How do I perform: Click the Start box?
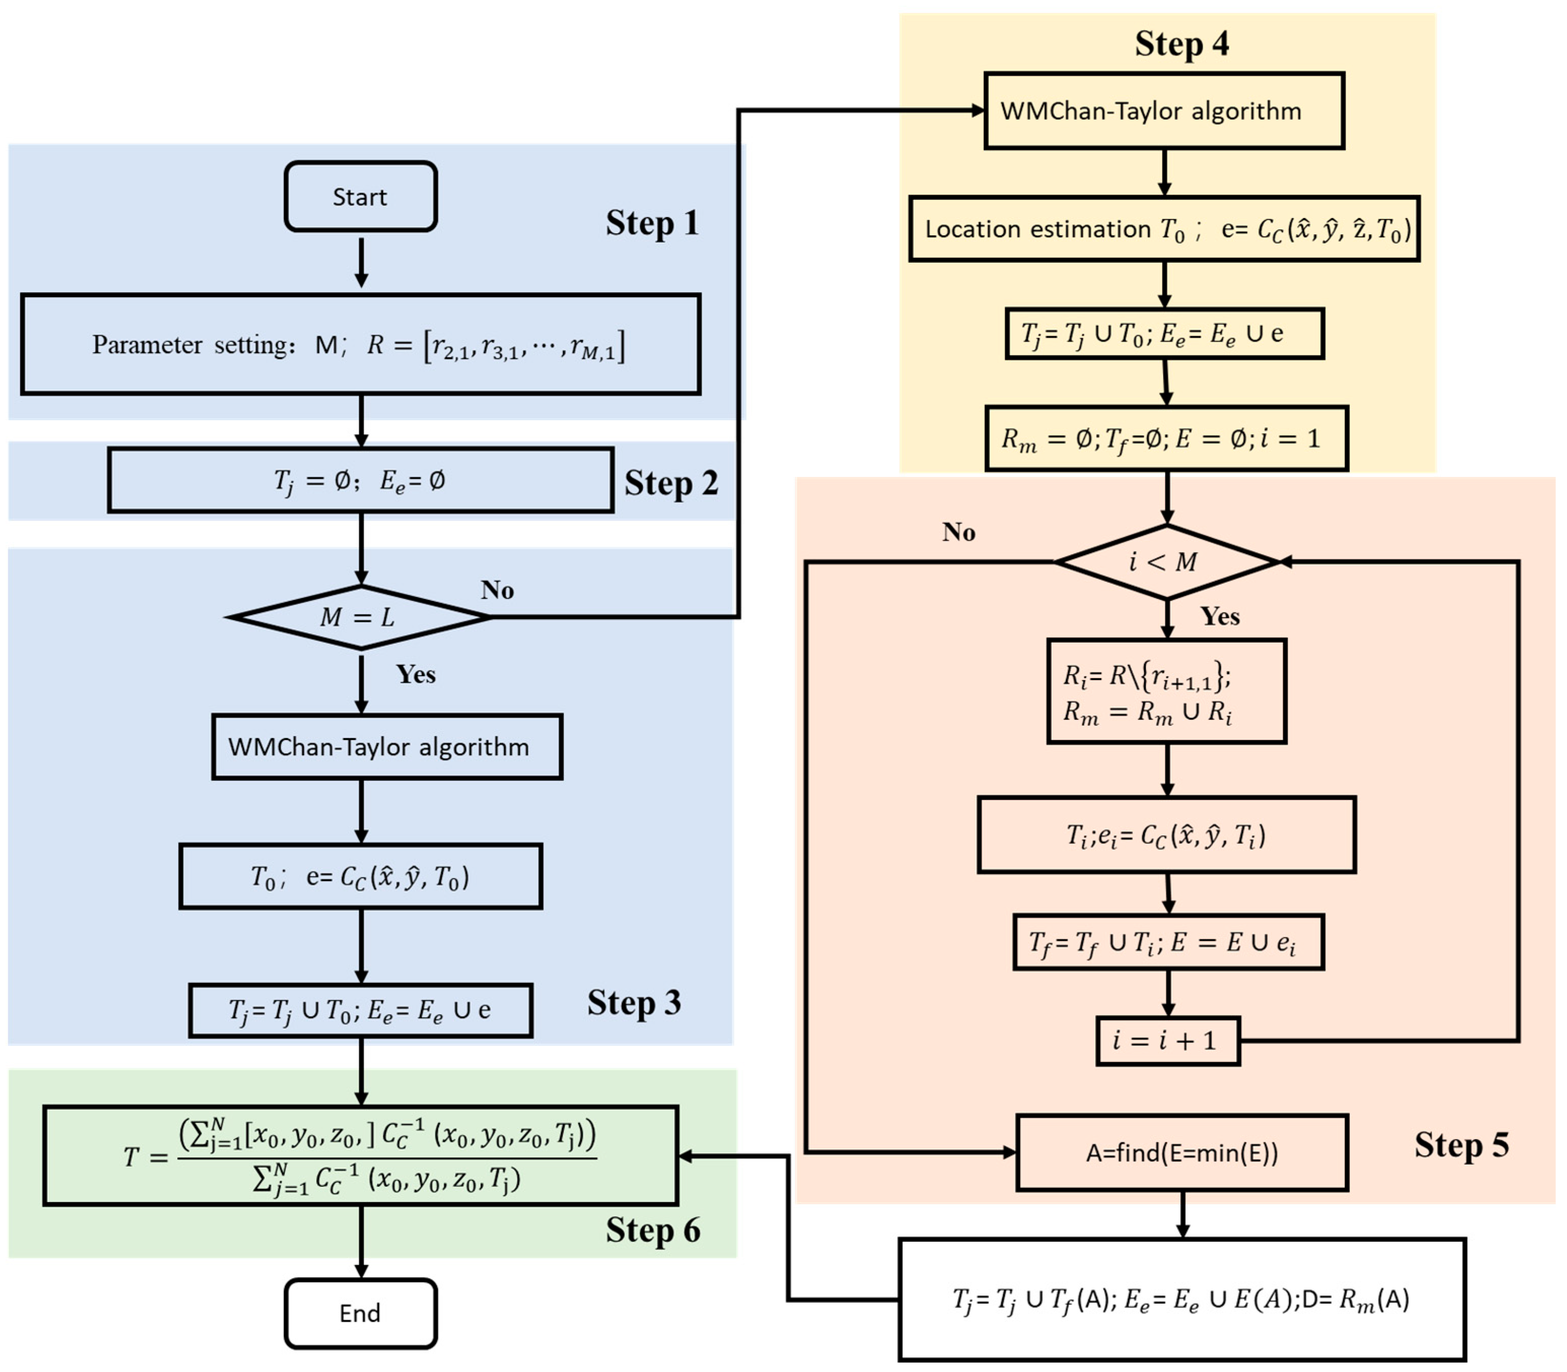click(361, 197)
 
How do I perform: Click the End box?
click(361, 1313)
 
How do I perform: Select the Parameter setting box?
click(361, 344)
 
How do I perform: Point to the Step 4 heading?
click(1181, 44)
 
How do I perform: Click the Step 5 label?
click(1461, 1145)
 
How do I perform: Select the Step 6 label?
click(652, 1230)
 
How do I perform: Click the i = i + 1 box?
click(1167, 1040)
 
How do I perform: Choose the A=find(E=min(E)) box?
click(1181, 1152)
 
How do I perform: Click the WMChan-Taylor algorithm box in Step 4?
click(1163, 111)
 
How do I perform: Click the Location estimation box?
click(1163, 229)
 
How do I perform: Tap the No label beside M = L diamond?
click(497, 590)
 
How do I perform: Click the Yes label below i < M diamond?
click(1220, 616)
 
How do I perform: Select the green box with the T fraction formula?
click(361, 1155)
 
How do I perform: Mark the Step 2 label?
click(670, 483)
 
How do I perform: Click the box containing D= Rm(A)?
click(1181, 1299)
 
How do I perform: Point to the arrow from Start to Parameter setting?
click(361, 262)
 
